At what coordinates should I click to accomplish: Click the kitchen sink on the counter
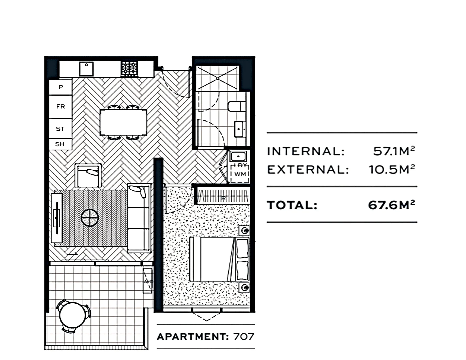86,69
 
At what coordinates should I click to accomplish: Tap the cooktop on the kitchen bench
129,69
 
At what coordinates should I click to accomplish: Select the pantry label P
61,87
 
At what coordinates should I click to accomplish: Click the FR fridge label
61,107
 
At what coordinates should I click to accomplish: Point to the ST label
60,129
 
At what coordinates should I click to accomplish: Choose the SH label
60,144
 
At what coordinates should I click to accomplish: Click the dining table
123,122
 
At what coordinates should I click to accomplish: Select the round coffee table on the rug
90,218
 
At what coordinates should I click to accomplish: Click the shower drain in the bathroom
217,78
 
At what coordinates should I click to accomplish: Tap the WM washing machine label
240,174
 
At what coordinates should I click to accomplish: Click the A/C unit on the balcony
148,281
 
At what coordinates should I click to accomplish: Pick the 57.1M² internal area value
394,151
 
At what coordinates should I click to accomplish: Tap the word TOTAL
292,205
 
